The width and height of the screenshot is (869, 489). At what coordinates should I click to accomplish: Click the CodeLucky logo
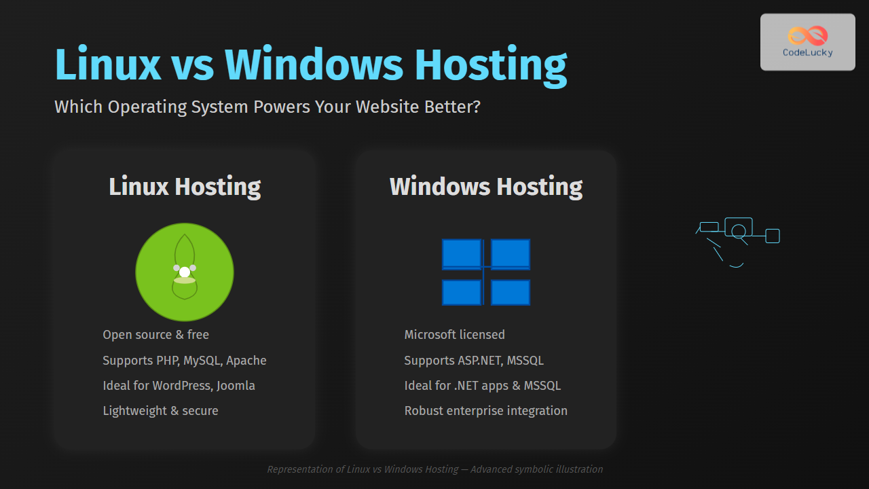(807, 42)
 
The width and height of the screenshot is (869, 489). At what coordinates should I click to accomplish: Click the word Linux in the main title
(108, 65)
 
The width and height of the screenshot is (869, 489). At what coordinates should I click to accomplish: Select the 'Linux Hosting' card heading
(185, 187)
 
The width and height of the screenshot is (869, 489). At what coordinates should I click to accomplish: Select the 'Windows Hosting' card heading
(486, 187)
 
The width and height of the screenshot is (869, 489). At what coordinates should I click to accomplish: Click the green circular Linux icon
(185, 272)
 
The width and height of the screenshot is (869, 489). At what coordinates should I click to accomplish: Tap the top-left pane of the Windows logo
(462, 254)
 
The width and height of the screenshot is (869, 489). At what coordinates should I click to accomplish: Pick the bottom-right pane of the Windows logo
(511, 293)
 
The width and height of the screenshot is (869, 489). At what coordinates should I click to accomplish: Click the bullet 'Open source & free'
(155, 335)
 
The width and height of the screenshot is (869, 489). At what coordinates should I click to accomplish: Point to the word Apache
(246, 361)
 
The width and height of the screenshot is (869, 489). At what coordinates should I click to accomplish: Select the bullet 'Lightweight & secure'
(160, 411)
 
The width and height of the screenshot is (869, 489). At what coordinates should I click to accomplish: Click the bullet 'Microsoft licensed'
(454, 335)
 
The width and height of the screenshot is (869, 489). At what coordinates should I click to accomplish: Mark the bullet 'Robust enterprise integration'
(485, 411)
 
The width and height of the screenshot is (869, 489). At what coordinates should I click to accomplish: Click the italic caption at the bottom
(434, 469)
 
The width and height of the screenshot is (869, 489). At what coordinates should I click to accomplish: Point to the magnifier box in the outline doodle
(739, 227)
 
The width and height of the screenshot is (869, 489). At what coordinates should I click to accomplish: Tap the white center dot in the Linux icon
(185, 272)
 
